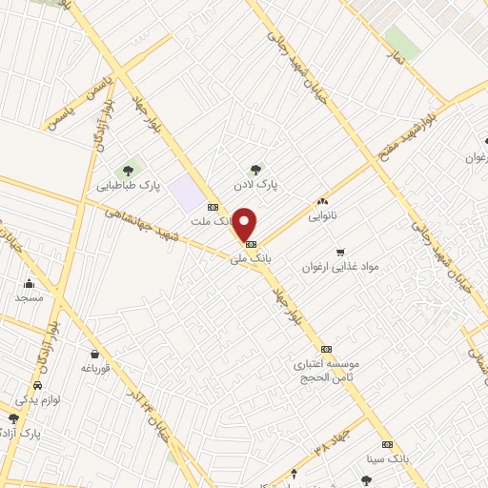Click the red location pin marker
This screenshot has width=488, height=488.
coord(245,224)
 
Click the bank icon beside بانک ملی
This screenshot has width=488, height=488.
coord(251,244)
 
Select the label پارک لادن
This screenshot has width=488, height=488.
coord(259,186)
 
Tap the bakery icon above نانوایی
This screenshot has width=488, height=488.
coord(322,202)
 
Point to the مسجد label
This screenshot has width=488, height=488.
coord(29,297)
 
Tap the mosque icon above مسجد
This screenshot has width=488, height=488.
coord(29,282)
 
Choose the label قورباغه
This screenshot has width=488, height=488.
coord(97,367)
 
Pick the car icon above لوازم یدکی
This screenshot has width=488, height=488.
coord(36,386)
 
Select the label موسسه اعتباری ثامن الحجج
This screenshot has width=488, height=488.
coord(328,371)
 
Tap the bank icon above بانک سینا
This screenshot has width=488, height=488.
coord(387,445)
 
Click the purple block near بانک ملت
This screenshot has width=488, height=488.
coord(187,193)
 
